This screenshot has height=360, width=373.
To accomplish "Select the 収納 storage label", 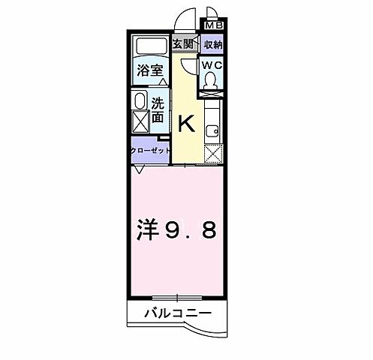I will (212, 44).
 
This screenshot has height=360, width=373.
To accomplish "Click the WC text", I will (212, 65).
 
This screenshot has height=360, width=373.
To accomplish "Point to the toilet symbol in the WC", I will (211, 82).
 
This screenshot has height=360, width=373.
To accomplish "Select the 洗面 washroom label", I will (159, 111).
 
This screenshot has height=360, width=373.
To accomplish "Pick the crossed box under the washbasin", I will (140, 121).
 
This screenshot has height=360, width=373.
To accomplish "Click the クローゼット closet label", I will (150, 149).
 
